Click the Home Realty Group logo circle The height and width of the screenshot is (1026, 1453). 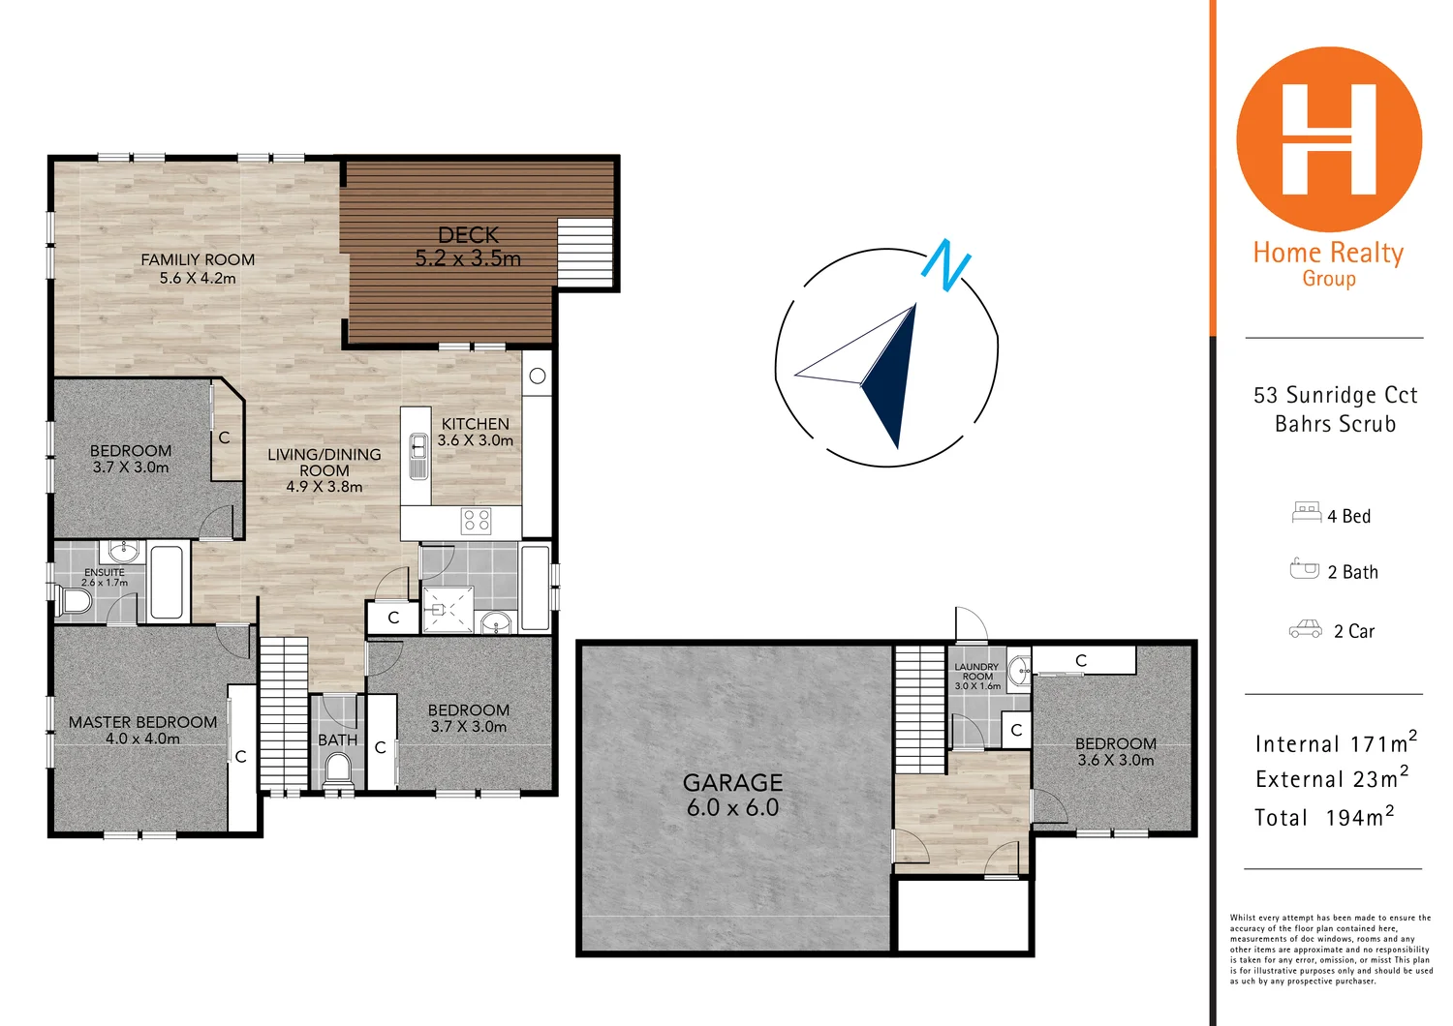(1329, 139)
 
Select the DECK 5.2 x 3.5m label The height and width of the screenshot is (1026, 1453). (468, 247)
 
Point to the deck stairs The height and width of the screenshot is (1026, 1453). (585, 251)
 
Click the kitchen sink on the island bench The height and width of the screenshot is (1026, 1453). (417, 455)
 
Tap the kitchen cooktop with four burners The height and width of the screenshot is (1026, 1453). (476, 520)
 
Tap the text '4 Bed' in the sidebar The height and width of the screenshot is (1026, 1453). (1348, 517)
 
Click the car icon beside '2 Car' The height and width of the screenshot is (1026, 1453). (1305, 630)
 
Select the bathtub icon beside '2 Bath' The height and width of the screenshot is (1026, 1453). (1304, 569)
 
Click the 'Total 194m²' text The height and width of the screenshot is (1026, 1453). (1324, 818)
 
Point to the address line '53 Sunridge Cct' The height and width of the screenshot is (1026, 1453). (1335, 395)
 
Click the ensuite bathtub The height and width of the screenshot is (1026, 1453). (167, 583)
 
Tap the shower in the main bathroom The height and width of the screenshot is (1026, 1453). (448, 608)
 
